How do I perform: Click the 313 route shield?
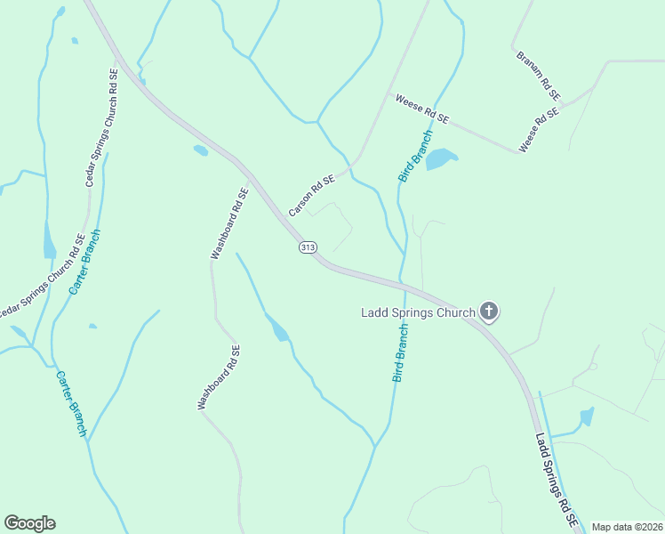point(308,247)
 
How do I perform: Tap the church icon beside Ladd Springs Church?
point(488,311)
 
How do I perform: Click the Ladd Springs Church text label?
point(417,312)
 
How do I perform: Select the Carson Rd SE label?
point(311,196)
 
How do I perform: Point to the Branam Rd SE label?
point(539,75)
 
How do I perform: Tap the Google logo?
point(29,523)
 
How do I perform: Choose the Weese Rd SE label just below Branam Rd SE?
point(540,130)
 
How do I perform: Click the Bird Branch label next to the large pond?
point(415,157)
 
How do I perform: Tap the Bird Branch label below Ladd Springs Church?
point(401,353)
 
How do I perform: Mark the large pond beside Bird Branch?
point(441,159)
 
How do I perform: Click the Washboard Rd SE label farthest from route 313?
point(219,377)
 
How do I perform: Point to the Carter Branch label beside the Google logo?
point(71,403)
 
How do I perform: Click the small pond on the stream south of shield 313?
point(278,328)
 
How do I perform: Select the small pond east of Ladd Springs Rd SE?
point(585,416)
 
